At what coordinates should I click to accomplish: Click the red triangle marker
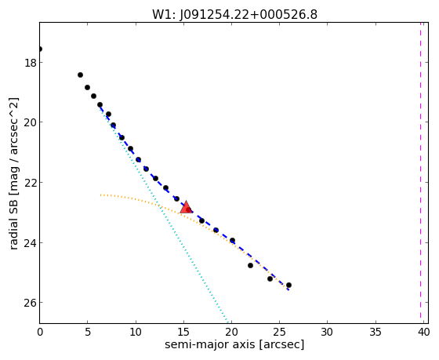coord(186,207)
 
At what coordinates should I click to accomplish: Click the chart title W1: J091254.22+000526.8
coord(234,14)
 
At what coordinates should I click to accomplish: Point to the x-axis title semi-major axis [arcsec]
coord(234,344)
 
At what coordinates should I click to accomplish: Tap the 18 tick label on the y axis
coord(31,63)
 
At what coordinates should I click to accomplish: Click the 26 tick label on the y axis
coord(31,303)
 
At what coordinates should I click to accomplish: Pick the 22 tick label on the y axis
coord(31,183)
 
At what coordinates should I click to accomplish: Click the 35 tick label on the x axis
coord(376,333)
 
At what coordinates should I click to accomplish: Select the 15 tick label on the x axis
coord(183,333)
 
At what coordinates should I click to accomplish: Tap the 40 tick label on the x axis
coord(423,333)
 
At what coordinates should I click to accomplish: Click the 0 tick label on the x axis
coord(40,333)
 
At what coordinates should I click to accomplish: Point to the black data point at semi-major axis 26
coord(288,285)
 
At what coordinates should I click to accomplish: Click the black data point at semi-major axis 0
coord(40,49)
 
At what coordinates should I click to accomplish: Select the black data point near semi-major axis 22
coord(250,265)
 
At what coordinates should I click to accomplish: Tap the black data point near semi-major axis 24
coord(270,278)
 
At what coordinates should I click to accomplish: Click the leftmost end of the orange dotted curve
coord(100,195)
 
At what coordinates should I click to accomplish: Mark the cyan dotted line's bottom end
coord(228,322)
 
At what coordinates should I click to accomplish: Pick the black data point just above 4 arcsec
coord(80,75)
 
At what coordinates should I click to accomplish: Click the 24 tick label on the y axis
coord(31,242)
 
